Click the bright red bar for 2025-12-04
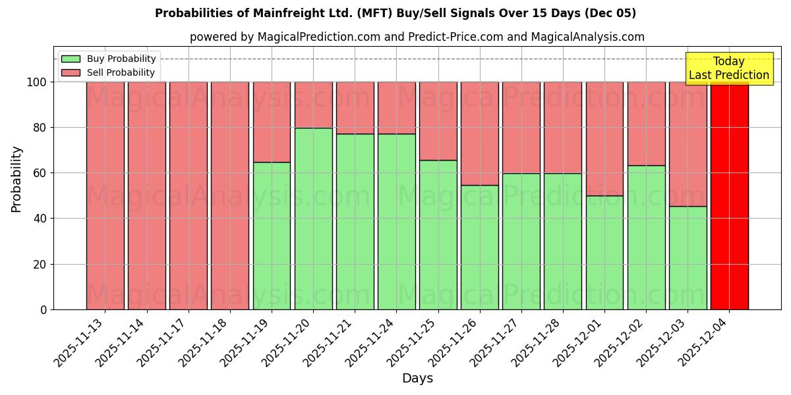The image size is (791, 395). [729, 196]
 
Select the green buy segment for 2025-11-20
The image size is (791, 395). [313, 219]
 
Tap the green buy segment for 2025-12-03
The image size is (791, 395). [688, 257]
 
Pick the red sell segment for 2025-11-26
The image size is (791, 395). [480, 133]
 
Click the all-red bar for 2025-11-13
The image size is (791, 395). [105, 196]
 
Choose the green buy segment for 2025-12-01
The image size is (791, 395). [604, 252]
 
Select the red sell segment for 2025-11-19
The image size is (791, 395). [272, 122]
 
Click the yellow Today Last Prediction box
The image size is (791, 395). [729, 68]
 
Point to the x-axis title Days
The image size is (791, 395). [417, 379]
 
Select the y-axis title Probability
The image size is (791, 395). [16, 179]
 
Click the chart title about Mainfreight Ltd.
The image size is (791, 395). [395, 13]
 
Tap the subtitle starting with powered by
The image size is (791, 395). [417, 37]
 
